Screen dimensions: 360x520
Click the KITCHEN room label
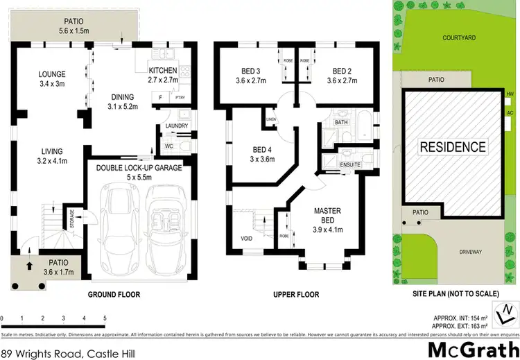click(164, 71)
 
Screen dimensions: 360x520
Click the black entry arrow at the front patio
click(28, 264)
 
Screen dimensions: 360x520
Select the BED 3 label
click(250, 71)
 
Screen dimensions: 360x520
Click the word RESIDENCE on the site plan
click(451, 146)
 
